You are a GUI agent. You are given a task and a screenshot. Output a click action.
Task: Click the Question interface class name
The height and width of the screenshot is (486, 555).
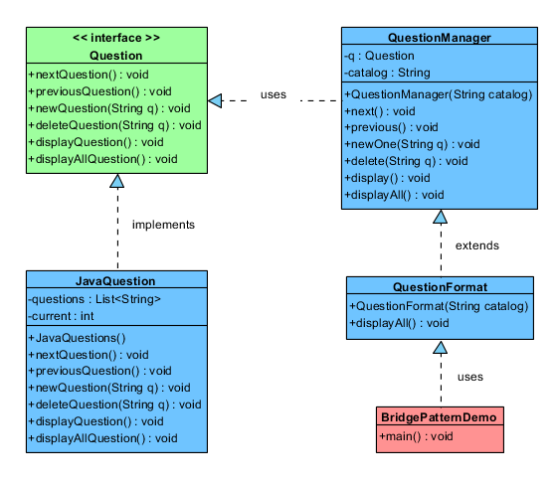(x=116, y=56)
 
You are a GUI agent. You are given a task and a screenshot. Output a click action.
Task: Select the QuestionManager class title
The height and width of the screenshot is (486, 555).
(x=440, y=38)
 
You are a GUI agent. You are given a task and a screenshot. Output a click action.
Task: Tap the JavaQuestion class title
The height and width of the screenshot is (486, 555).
(x=115, y=281)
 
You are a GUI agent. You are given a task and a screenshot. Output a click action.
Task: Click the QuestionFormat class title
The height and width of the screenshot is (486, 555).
(x=440, y=287)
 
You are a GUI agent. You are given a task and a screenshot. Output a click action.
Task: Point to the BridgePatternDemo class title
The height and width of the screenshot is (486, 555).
(x=439, y=417)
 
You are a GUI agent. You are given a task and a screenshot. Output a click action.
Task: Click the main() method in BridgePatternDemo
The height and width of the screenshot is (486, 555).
(x=416, y=436)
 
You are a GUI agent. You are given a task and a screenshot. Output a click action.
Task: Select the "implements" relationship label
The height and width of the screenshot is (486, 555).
(x=163, y=225)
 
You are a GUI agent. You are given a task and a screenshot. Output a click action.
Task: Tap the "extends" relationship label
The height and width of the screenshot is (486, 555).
(x=477, y=245)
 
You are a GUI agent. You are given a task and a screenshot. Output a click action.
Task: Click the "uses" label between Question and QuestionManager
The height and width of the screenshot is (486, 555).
(x=274, y=94)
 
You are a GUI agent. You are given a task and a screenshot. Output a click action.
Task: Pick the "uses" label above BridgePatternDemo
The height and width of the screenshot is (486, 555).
(x=470, y=377)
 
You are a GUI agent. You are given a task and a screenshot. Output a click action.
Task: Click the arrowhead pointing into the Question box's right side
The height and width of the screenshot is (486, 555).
(x=215, y=100)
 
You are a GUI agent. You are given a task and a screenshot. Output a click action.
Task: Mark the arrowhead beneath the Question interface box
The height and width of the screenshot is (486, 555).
(x=117, y=181)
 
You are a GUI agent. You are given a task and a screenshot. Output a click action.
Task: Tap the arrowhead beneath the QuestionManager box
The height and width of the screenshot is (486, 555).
(x=440, y=217)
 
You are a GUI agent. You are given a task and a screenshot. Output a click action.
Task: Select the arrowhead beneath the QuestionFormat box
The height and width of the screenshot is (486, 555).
(x=440, y=347)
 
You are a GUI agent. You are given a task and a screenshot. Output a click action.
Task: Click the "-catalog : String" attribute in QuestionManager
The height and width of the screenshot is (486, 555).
(x=387, y=73)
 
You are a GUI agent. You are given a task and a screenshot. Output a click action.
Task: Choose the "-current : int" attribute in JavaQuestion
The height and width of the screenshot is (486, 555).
(x=61, y=316)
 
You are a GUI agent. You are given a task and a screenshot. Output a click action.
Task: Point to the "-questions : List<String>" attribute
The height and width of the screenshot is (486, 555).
(x=94, y=299)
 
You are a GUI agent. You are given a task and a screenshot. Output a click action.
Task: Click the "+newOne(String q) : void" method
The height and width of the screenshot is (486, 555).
(x=413, y=144)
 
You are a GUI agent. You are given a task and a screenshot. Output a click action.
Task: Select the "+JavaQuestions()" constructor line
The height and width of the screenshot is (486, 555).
(x=77, y=338)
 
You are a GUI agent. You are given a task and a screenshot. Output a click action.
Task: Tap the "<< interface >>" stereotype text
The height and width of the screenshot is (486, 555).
(x=116, y=38)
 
